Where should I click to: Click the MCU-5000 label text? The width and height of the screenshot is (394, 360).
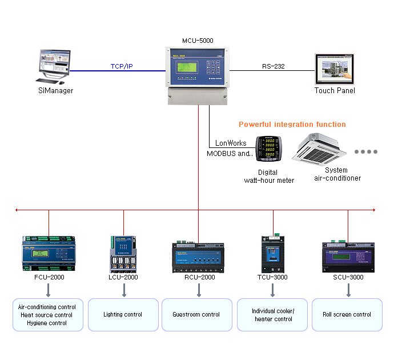[198, 41]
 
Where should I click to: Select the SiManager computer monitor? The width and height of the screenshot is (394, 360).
[55, 64]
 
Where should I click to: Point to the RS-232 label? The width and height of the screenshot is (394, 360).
[274, 66]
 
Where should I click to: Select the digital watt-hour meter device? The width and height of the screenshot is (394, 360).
[268, 151]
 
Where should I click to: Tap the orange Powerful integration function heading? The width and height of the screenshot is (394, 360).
[292, 124]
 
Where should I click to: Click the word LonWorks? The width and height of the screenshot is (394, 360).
[231, 143]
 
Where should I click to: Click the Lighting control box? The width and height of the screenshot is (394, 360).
[123, 314]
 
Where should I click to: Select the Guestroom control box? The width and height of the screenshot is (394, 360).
[196, 314]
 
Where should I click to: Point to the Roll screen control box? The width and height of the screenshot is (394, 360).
[347, 314]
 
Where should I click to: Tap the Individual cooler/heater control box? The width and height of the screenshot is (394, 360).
[272, 315]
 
